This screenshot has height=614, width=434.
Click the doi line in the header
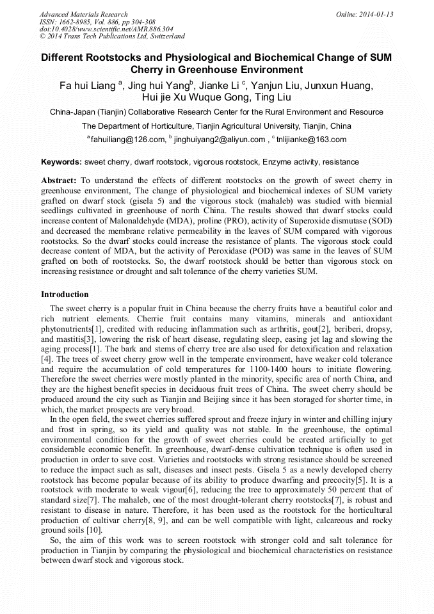106,29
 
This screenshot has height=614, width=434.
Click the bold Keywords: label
61,162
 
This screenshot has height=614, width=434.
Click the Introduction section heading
65,295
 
